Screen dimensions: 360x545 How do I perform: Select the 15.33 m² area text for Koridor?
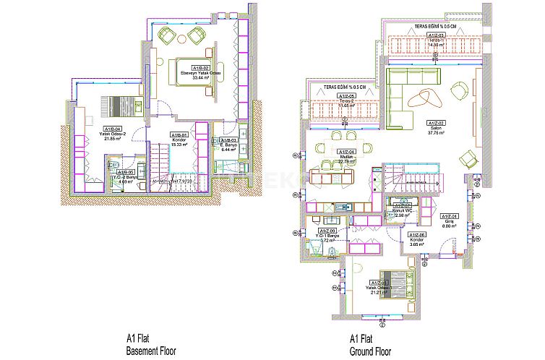coord(179,145)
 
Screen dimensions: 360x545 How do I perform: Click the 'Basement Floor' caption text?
coord(151,351)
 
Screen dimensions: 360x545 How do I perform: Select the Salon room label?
coord(435,128)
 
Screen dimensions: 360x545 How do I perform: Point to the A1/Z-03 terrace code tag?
coord(435,35)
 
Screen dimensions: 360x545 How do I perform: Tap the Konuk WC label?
coord(402,210)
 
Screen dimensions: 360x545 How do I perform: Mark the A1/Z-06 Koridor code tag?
coord(417,235)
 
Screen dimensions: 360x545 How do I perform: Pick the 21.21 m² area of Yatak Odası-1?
coord(380,293)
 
